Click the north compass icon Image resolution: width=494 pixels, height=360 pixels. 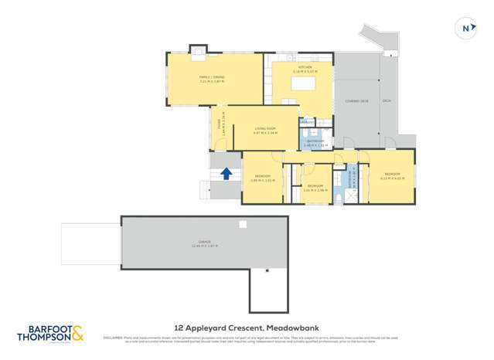tap(465, 29)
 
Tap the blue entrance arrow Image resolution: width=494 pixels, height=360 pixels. tap(227, 173)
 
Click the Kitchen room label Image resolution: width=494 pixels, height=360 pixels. tap(304, 68)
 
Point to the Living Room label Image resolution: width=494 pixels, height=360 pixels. tap(264, 130)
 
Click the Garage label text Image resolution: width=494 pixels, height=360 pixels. tap(205, 243)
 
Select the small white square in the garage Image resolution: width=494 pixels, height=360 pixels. tap(243, 225)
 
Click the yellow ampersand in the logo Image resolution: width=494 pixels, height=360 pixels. tap(79, 333)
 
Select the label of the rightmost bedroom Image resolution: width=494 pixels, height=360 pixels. tap(392, 175)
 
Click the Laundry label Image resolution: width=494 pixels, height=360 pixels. tap(308, 122)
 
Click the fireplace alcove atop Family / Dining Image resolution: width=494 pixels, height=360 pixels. tap(199, 53)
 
